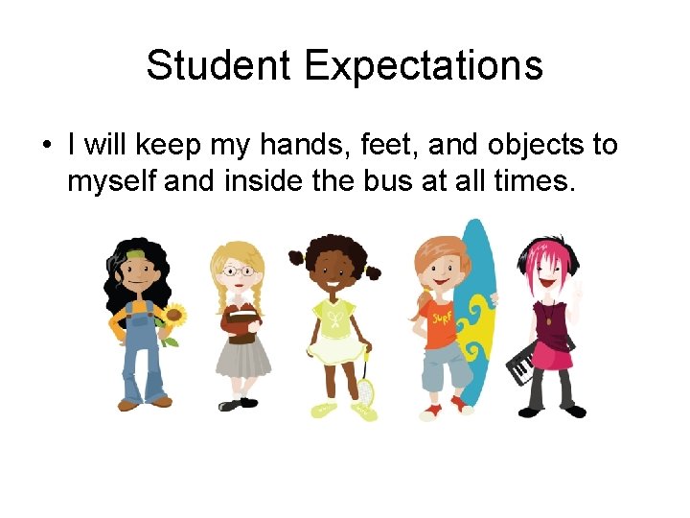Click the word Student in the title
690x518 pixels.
tap(219, 66)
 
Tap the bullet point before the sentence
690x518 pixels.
tap(46, 147)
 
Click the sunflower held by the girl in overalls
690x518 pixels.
tap(173, 316)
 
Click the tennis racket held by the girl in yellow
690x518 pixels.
tap(366, 388)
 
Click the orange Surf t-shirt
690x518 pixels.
tap(442, 321)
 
